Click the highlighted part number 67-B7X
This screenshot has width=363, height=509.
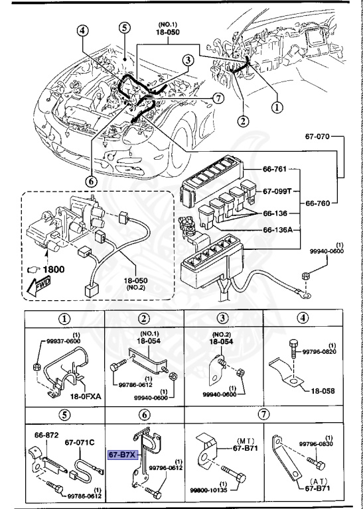tap(123, 455)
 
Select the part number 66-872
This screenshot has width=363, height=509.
tap(46, 435)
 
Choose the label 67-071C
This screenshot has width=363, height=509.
tap(82, 442)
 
